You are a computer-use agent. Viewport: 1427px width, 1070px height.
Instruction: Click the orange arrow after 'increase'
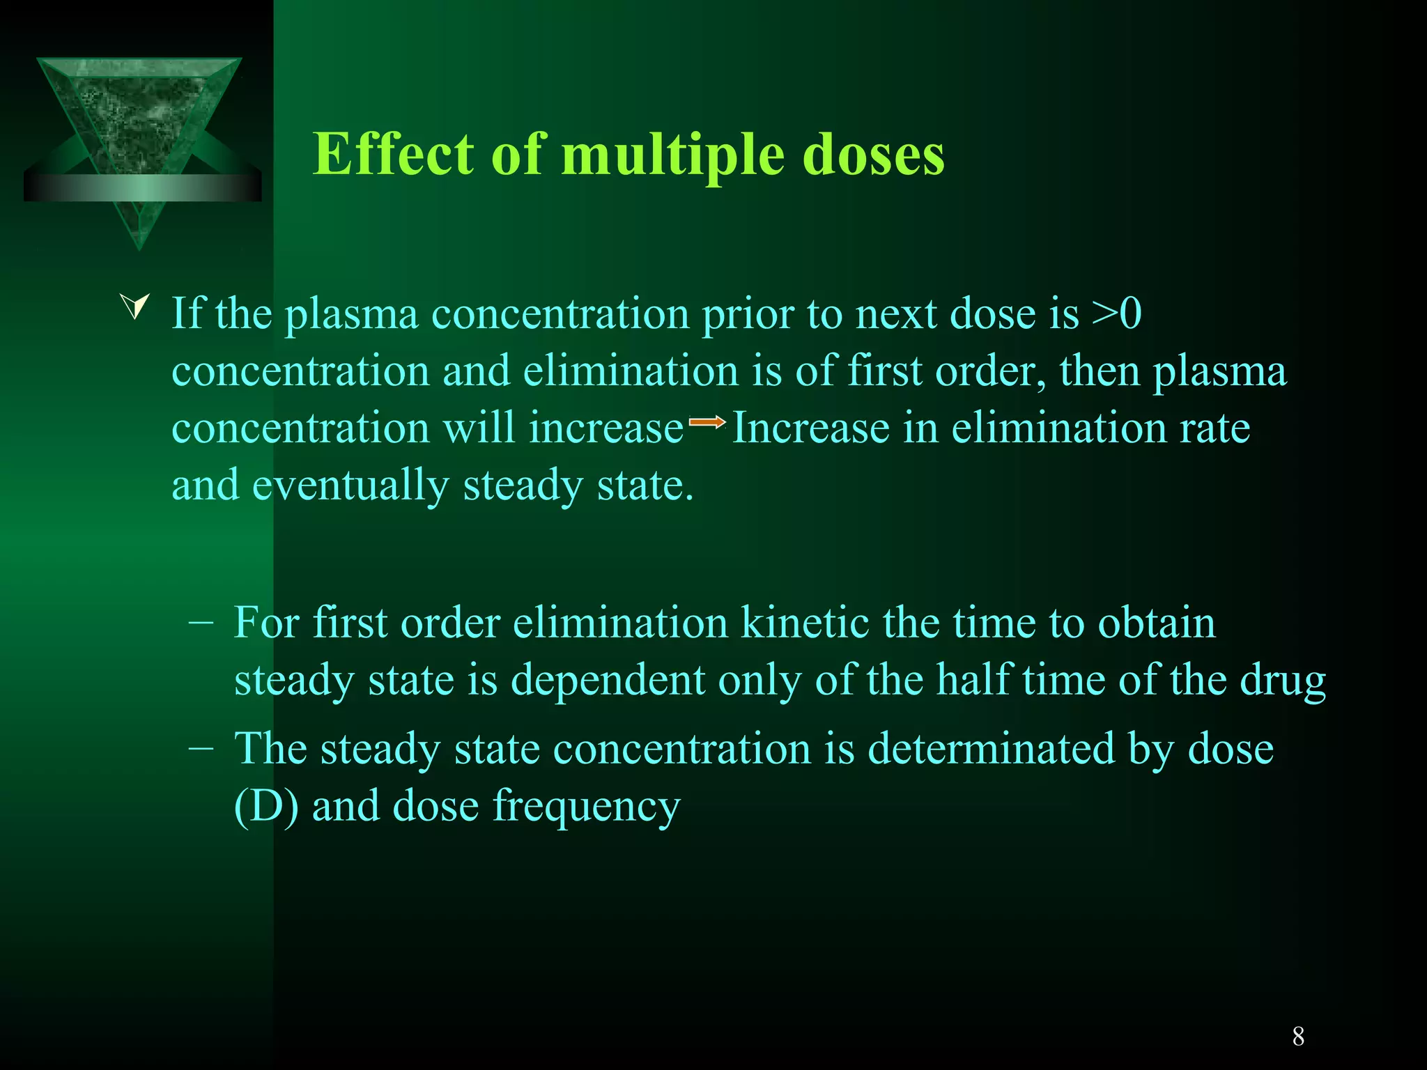(x=707, y=421)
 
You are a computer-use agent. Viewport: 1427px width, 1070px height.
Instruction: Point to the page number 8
(x=1298, y=1037)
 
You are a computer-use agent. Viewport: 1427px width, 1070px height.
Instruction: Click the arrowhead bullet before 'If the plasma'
(x=136, y=307)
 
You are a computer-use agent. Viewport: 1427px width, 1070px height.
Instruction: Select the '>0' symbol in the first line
(x=1116, y=313)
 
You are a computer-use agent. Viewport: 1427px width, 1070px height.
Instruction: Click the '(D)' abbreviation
(x=266, y=806)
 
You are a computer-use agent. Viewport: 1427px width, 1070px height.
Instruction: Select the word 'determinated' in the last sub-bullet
(x=991, y=749)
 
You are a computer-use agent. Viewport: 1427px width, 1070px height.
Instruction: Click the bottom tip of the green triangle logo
(x=139, y=245)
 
